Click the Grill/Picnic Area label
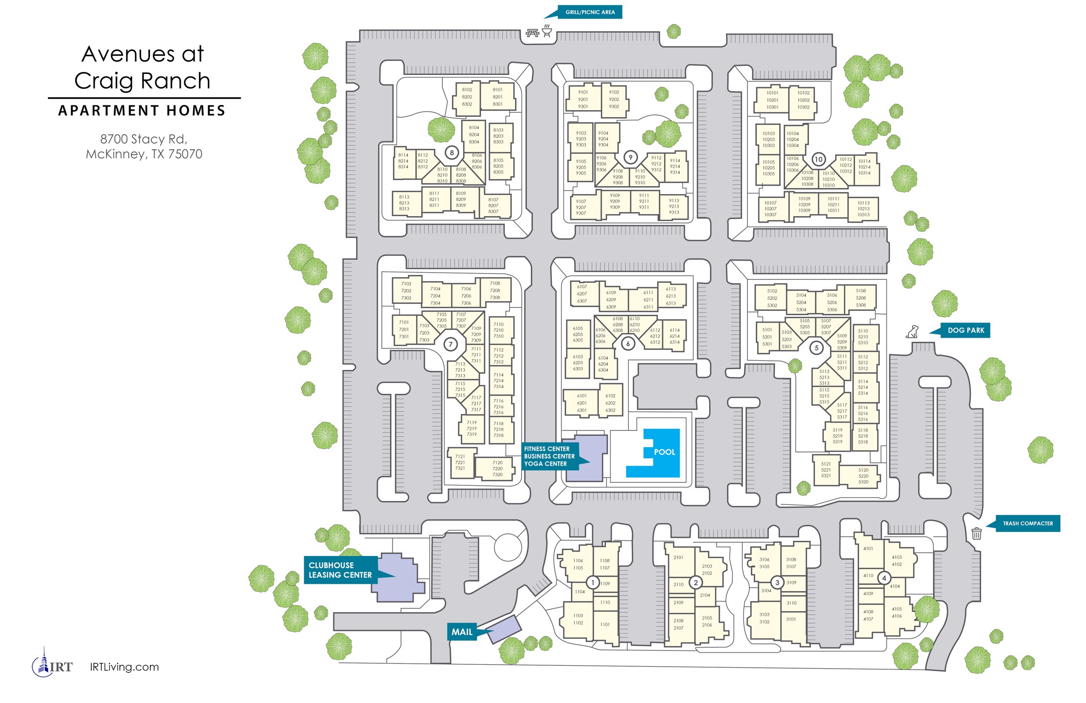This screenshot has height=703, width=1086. click(590, 12)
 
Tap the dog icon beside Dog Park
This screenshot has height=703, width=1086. click(912, 332)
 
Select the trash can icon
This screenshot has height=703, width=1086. click(976, 533)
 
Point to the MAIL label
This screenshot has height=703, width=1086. click(462, 632)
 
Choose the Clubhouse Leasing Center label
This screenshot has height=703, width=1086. click(340, 570)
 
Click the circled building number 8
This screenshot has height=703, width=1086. click(452, 152)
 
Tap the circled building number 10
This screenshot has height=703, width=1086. click(818, 159)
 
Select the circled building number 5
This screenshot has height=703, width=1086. click(816, 348)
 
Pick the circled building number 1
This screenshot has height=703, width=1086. click(593, 582)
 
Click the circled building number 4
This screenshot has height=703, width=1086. click(884, 578)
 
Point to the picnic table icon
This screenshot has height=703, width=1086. click(532, 33)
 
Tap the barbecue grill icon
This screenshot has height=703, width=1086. click(547, 31)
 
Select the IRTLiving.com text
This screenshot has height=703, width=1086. click(124, 667)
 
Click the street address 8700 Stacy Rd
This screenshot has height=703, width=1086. click(144, 139)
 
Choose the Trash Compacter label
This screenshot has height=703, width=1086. click(1027, 524)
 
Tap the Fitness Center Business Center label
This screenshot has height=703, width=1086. click(549, 456)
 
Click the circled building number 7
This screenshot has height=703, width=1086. click(450, 344)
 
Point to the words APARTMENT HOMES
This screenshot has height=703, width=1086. click(142, 111)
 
